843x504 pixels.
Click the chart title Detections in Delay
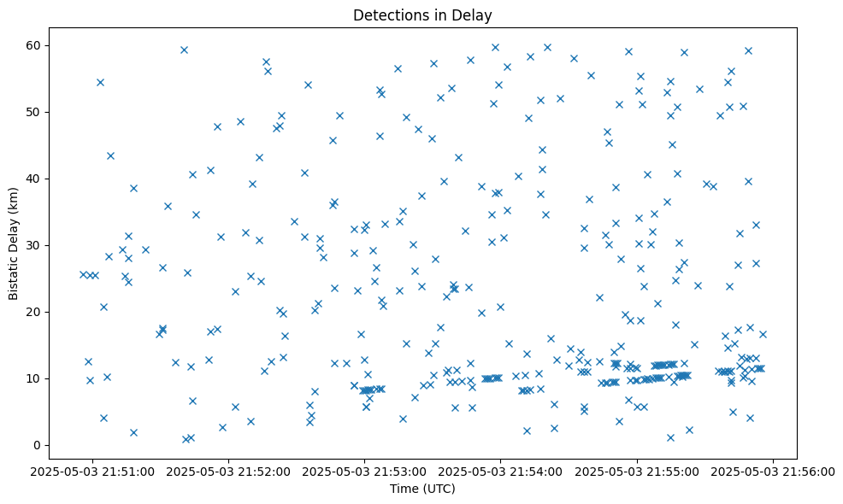pyautogui.click(x=422, y=15)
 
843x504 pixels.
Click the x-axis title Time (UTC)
pyautogui.click(x=422, y=489)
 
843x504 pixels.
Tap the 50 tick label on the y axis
pyautogui.click(x=35, y=112)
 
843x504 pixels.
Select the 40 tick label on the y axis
pyautogui.click(x=35, y=179)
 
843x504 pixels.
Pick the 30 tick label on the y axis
pyautogui.click(x=35, y=245)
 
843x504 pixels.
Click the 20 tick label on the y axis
pyautogui.click(x=35, y=312)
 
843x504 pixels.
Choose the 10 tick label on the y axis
pyautogui.click(x=35, y=378)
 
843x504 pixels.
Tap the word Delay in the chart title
pyautogui.click(x=475, y=15)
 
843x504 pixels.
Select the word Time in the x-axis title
pyautogui.click(x=404, y=489)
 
